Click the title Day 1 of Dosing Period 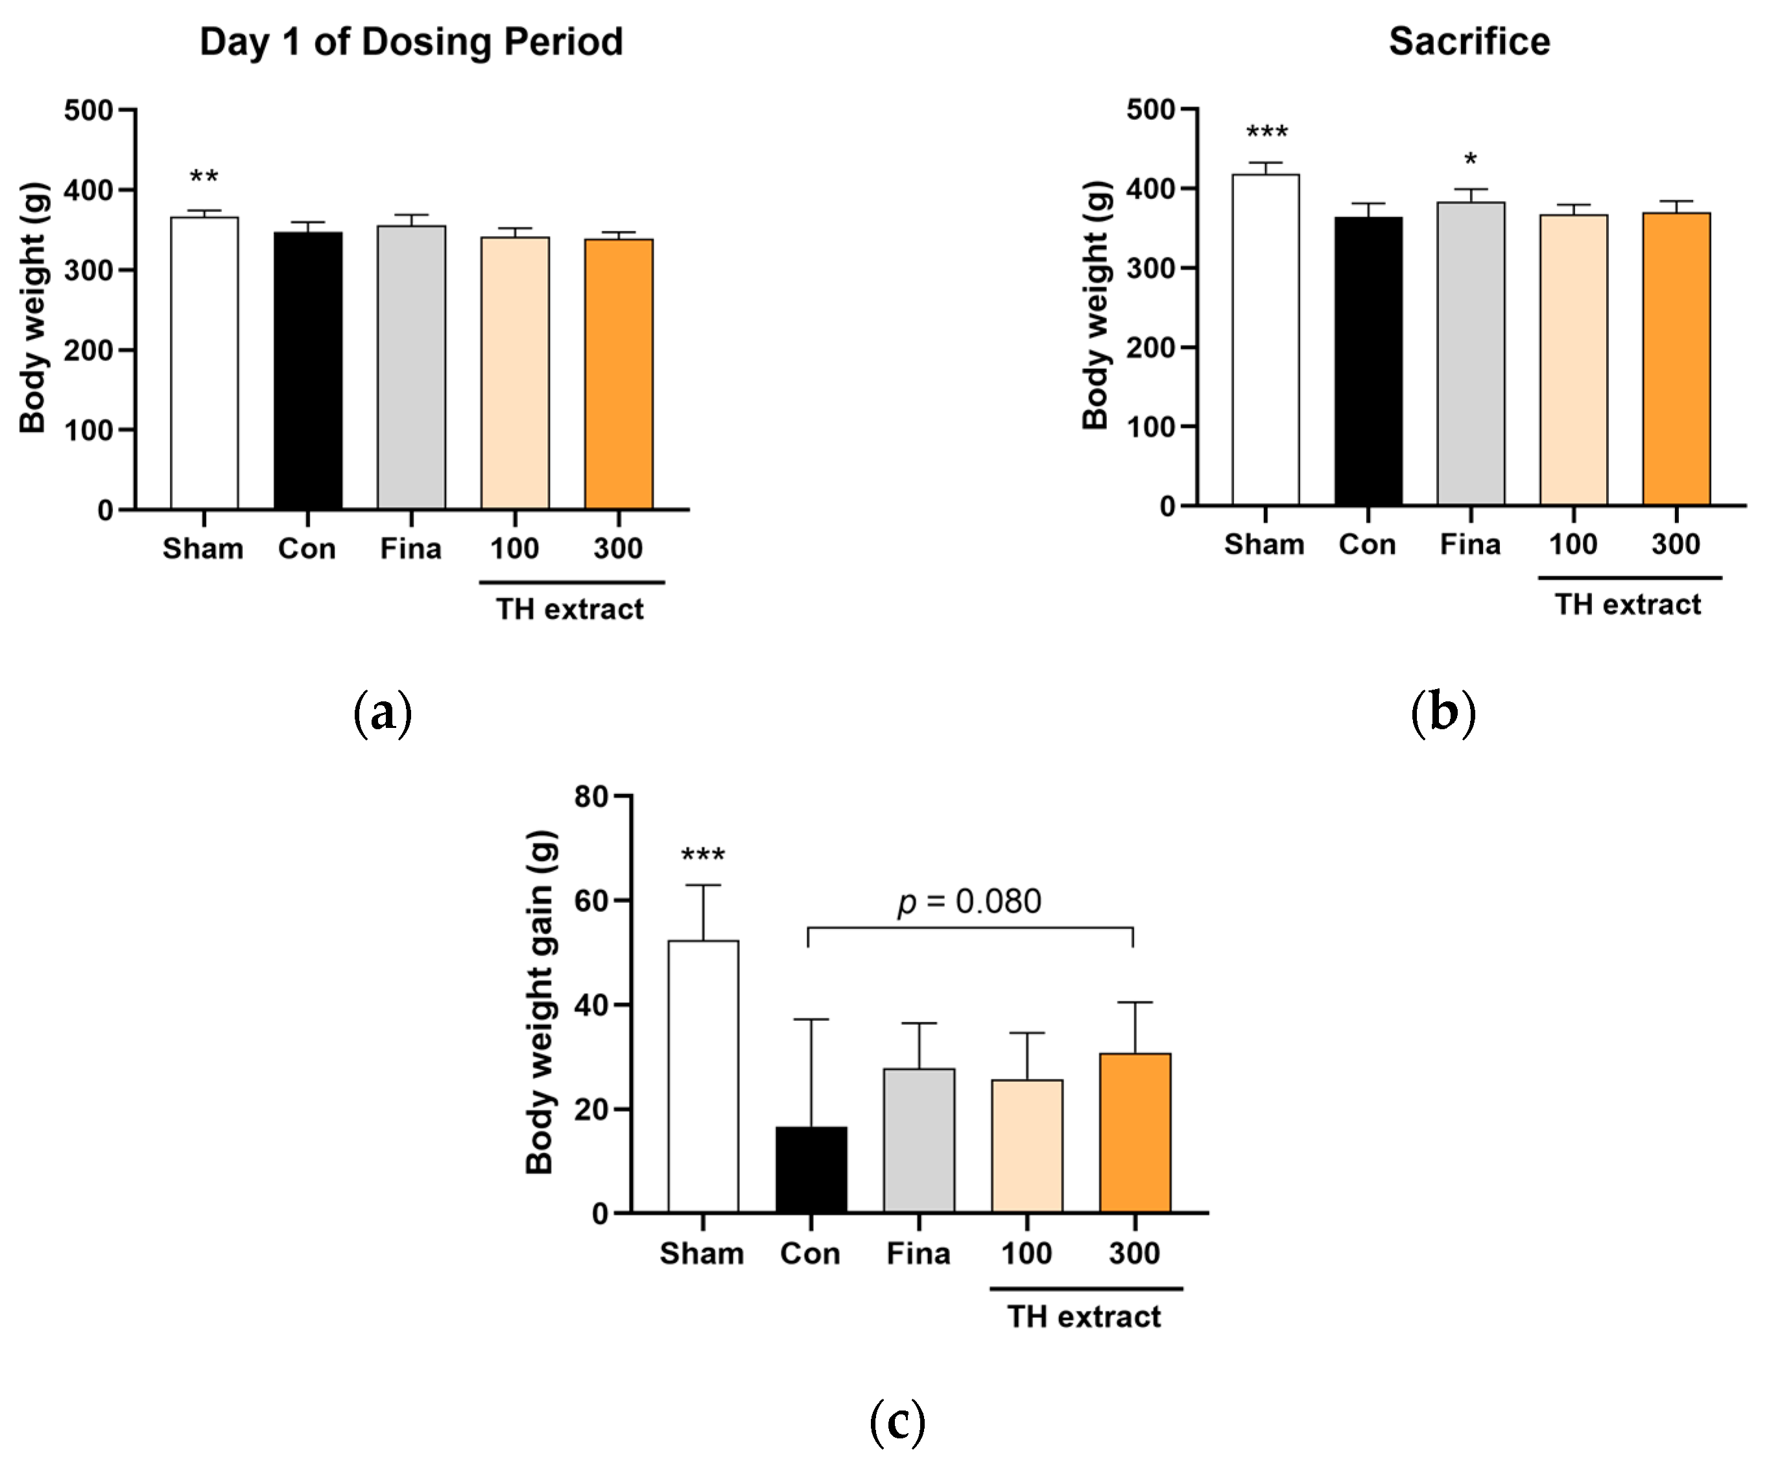pos(411,42)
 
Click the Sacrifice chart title pos(1469,42)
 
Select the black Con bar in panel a pos(307,371)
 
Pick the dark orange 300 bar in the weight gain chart pos(1135,1133)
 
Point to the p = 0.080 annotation pos(969,901)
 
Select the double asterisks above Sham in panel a pos(204,178)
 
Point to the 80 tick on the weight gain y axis pos(591,797)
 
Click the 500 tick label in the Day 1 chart pos(88,110)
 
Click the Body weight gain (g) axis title pos(539,1002)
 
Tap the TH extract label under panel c pos(1084,1317)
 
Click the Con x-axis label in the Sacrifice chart pos(1367,544)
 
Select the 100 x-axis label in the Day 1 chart pos(514,548)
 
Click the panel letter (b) pos(1443,712)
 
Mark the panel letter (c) pos(897,1422)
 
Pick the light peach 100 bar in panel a pos(515,373)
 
